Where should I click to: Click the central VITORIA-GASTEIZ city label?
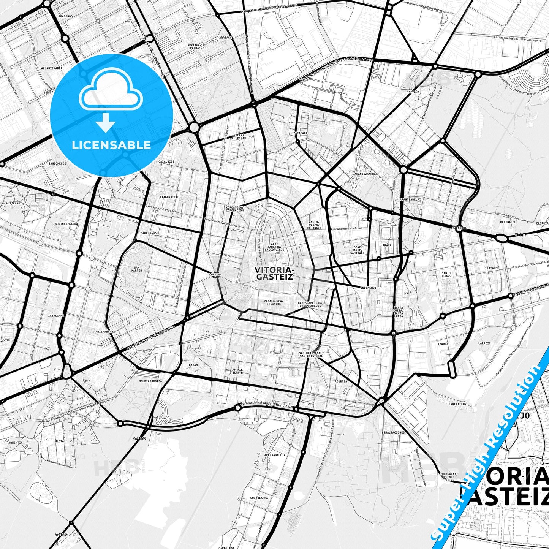click(274, 273)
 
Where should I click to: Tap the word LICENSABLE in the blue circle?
click(111, 145)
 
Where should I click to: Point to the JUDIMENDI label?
click(368, 288)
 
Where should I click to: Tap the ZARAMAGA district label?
click(300, 133)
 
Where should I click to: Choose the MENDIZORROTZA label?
click(150, 381)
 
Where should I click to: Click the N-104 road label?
click(521, 235)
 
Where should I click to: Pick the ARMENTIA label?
click(16, 442)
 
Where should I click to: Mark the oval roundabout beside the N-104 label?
click(501, 238)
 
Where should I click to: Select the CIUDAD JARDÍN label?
click(237, 372)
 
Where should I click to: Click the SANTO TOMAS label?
click(446, 274)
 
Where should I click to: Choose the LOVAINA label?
click(215, 274)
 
